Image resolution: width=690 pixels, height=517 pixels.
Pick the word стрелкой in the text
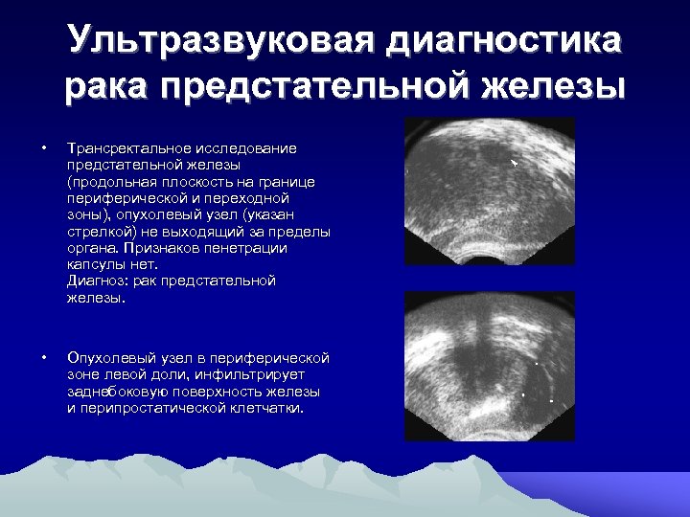point(99,232)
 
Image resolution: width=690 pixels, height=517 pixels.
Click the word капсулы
point(96,264)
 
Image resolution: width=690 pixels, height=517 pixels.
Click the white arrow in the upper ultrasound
point(515,164)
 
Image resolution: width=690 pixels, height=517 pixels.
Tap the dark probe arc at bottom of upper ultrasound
point(489,256)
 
